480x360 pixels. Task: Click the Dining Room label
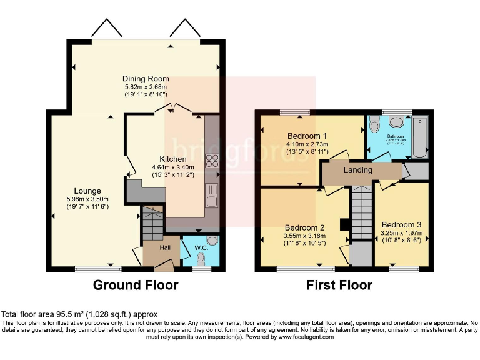[x=146, y=78]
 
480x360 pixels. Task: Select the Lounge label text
[x=87, y=191]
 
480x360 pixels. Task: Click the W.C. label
[x=201, y=247]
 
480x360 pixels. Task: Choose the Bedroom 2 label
[x=304, y=227]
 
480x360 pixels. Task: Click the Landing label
[x=358, y=170]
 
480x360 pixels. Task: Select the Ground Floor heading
[x=136, y=286]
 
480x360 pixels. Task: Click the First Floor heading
[x=339, y=286]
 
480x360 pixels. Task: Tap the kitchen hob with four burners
[x=212, y=161]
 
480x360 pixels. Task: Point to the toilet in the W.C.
[x=212, y=241]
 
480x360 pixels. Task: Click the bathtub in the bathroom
[x=419, y=136]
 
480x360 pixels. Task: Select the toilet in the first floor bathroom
[x=374, y=126]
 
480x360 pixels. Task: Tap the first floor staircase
[x=361, y=212]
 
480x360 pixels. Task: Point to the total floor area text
[x=79, y=314]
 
